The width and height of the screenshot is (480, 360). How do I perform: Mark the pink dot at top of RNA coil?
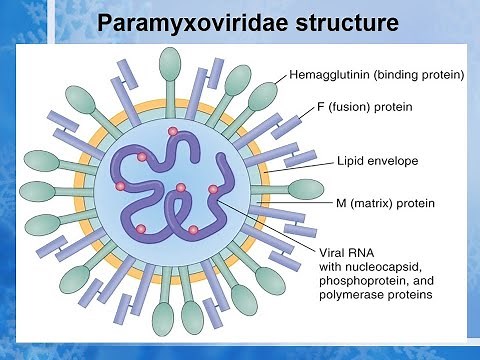point(173,131)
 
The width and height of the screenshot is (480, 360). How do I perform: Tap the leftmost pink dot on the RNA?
point(121,186)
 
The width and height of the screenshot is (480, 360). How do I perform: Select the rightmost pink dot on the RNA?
point(213,190)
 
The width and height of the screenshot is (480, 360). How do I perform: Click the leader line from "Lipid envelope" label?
point(299,163)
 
